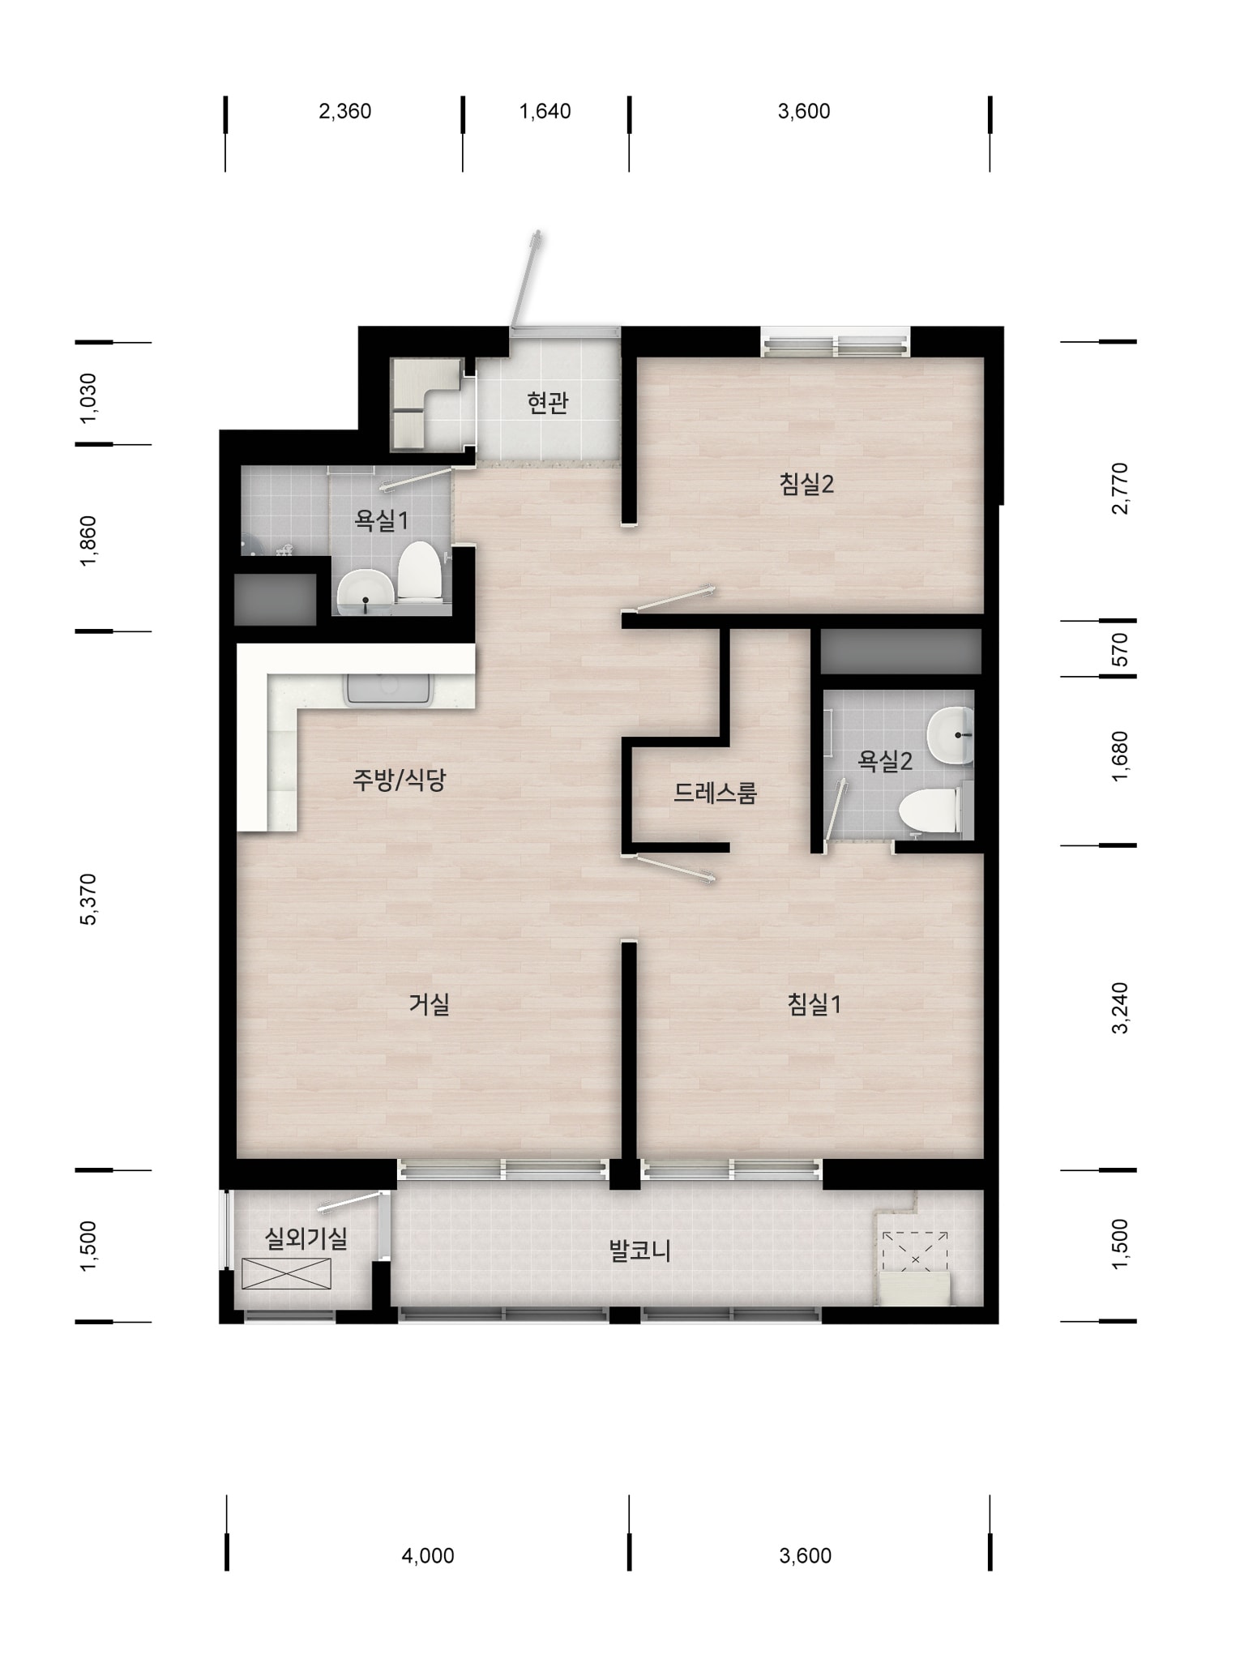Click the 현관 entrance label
tap(548, 403)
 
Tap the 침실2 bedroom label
tap(806, 485)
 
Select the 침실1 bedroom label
tap(814, 1005)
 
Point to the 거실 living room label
tap(429, 1005)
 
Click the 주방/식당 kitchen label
tap(399, 780)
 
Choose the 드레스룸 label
tap(715, 793)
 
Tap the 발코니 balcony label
tap(639, 1251)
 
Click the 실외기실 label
tap(306, 1238)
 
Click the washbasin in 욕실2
tap(951, 735)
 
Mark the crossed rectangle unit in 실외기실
tap(286, 1273)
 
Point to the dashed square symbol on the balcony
tap(915, 1259)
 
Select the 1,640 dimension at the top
tap(545, 111)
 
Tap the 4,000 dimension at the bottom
tap(428, 1555)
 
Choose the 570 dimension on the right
tap(1119, 649)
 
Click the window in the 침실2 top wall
tap(836, 343)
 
